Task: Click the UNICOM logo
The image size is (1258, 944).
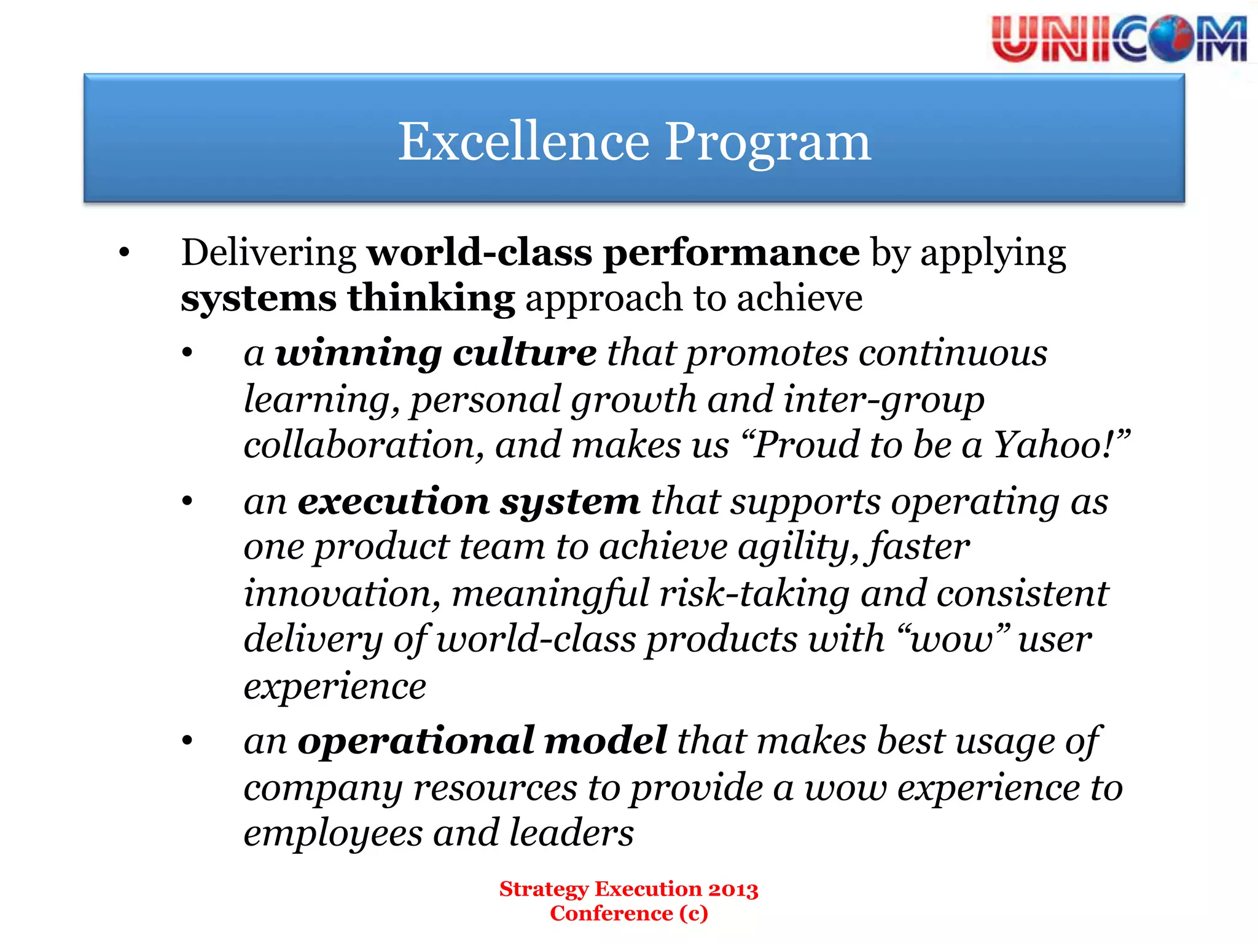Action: coord(1119,39)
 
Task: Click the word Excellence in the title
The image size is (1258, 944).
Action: coord(523,141)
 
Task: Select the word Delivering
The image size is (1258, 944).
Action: coord(268,253)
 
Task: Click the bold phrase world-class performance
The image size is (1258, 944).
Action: coord(613,253)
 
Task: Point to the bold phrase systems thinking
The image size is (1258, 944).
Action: coord(348,298)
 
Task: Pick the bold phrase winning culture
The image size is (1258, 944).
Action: coord(436,353)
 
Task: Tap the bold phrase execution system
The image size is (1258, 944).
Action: coord(469,502)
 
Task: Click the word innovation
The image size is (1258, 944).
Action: coord(342,594)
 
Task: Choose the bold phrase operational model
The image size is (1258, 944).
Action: coord(482,741)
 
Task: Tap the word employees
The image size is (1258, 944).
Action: coord(333,833)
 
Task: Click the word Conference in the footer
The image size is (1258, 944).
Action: coord(611,913)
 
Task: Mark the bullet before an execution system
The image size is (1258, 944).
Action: coord(187,502)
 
